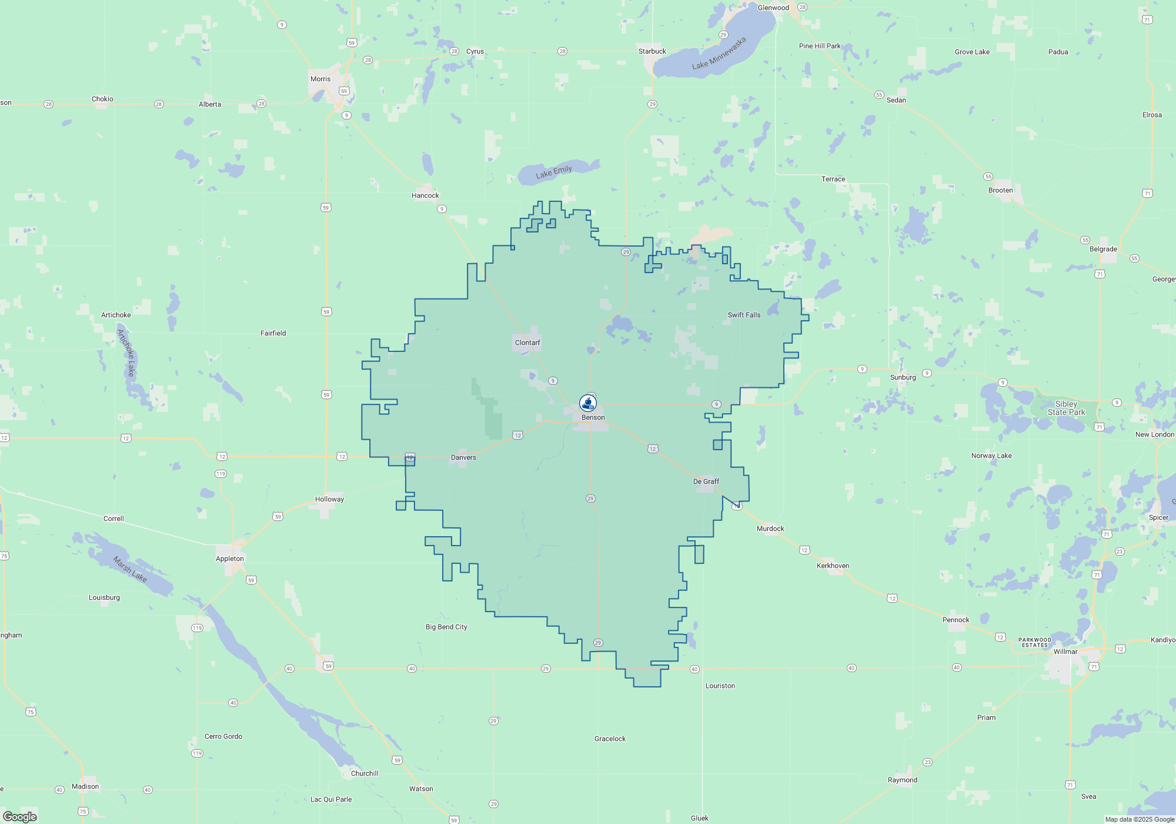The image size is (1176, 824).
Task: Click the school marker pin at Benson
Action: [x=588, y=403]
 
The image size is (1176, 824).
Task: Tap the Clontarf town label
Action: [x=527, y=343]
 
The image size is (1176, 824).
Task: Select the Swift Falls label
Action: [x=744, y=315]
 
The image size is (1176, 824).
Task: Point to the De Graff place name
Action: [x=706, y=481]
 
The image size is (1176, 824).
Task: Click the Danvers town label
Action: [x=463, y=457]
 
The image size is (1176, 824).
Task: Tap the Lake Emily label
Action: [x=553, y=172]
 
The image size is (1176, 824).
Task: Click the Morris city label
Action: [x=320, y=79]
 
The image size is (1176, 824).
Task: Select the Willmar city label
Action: [x=1065, y=652]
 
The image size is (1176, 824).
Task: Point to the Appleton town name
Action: [x=229, y=559]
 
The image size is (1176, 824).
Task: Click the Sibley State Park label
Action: [x=1066, y=408]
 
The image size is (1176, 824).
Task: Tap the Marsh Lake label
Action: [x=130, y=569]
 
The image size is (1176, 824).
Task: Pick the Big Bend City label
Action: [x=446, y=627]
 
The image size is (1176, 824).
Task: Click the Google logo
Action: [x=20, y=816]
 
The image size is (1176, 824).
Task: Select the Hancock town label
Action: [x=425, y=195]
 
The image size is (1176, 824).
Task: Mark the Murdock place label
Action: [x=770, y=529]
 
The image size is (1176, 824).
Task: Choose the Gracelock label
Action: [x=610, y=739]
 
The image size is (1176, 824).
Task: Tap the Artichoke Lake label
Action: [x=126, y=353]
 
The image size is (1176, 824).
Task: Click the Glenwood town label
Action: [x=773, y=8]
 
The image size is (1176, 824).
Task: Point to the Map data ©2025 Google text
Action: [x=1139, y=819]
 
